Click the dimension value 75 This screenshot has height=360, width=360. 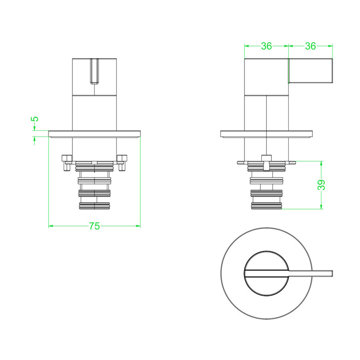(94, 226)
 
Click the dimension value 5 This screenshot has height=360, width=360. (35, 119)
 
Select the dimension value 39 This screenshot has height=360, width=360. (322, 185)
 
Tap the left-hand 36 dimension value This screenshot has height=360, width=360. (266, 46)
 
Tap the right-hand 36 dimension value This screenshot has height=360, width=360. (310, 46)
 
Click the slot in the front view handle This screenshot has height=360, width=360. (94, 71)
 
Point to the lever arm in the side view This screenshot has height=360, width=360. (310, 71)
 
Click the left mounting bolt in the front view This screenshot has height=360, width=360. (67, 163)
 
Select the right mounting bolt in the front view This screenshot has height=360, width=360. (122, 163)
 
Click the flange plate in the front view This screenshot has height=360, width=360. (94, 134)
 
